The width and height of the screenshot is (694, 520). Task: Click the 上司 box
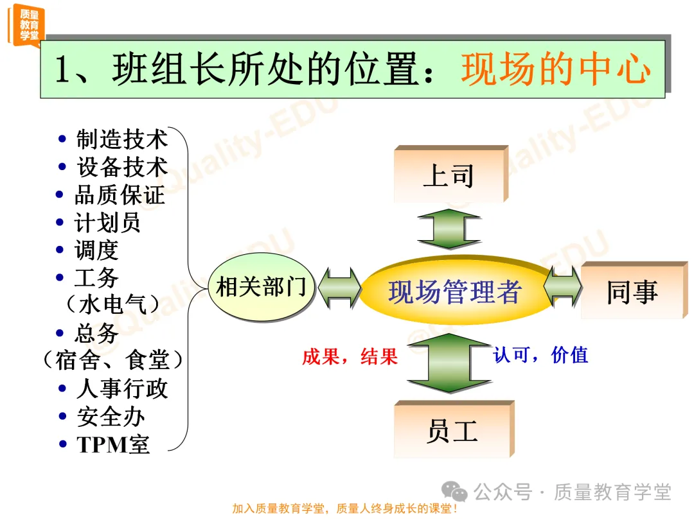(449, 175)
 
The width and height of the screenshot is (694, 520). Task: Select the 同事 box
(632, 291)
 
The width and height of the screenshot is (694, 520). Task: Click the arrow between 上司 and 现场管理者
(449, 228)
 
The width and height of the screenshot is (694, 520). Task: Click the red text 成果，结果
(350, 357)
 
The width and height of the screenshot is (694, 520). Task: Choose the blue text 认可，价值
(540, 355)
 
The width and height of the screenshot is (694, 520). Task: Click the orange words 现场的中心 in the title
(556, 70)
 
